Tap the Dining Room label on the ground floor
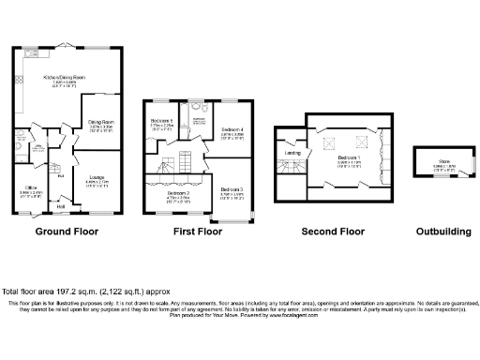click(101, 121)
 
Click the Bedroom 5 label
click(161, 123)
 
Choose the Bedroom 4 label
click(232, 128)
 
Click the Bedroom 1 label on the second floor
click(348, 157)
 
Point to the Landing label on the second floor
click(292, 154)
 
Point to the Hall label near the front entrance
click(61, 208)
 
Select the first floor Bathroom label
click(199, 119)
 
